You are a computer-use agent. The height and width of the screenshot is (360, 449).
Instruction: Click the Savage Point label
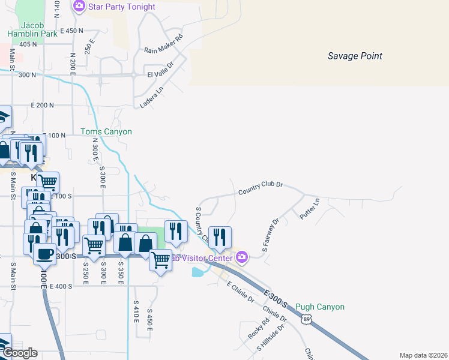point(355,56)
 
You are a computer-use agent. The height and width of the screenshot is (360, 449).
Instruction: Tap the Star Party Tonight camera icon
point(79,7)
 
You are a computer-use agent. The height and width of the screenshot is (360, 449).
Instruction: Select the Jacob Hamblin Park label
point(32,29)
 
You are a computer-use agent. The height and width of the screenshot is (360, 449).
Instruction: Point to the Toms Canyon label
point(106,131)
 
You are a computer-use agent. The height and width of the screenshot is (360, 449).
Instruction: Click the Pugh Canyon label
point(320,307)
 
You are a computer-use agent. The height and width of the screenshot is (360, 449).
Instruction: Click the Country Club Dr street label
point(260,188)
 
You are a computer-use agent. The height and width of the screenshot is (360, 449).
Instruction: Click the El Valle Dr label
point(160,69)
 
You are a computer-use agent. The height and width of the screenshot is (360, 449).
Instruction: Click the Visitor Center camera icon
point(242,257)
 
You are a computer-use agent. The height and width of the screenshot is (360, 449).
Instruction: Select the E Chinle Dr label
point(240,292)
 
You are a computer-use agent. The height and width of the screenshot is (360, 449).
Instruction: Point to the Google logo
point(19,353)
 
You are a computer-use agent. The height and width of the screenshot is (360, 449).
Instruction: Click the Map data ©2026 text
point(423,355)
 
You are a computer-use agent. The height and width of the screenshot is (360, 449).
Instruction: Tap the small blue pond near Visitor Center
point(198,272)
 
